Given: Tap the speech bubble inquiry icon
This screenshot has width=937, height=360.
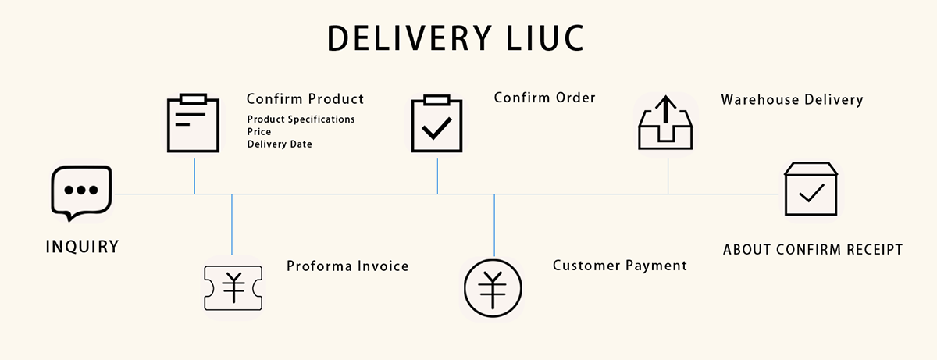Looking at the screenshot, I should pyautogui.click(x=81, y=191).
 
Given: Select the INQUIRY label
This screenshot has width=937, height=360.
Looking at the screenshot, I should pyautogui.click(x=82, y=248).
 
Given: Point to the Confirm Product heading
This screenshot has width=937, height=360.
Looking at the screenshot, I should pyautogui.click(x=305, y=99).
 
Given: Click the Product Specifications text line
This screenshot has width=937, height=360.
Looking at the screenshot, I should pyautogui.click(x=301, y=119).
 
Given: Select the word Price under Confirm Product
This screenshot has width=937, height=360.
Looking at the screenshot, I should pyautogui.click(x=259, y=132).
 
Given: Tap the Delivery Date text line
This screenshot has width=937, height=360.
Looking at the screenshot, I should pyautogui.click(x=280, y=144).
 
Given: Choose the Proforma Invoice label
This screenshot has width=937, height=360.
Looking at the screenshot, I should pyautogui.click(x=347, y=266).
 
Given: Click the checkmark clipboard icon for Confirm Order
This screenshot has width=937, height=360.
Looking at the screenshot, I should pyautogui.click(x=436, y=124).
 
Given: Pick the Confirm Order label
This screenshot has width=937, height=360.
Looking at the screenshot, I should pyautogui.click(x=545, y=98).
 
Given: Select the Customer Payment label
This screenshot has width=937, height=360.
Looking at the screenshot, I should pyautogui.click(x=620, y=266).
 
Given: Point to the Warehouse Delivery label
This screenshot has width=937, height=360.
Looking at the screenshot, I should pyautogui.click(x=792, y=100).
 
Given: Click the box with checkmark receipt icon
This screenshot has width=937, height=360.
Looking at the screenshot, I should pyautogui.click(x=811, y=190).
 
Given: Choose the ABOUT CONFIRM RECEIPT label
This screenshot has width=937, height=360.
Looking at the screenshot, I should pyautogui.click(x=813, y=250).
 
